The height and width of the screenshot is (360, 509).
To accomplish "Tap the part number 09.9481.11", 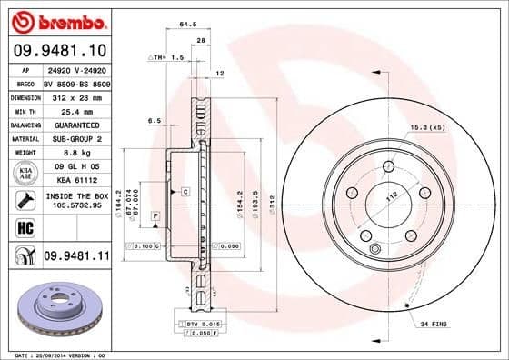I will coord(75,257).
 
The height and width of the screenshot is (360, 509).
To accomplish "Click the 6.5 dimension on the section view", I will coord(155,120).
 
